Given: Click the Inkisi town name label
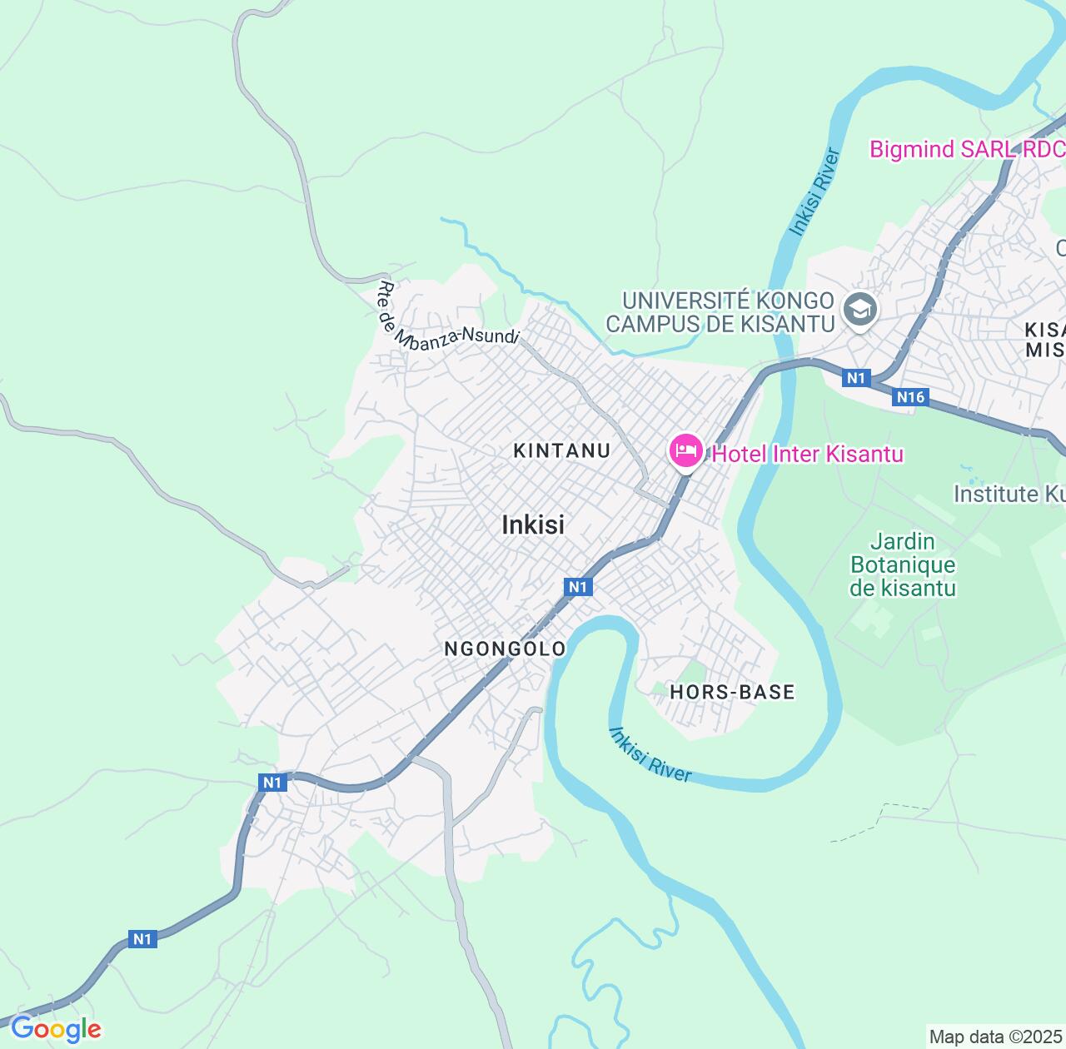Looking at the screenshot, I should tap(533, 524).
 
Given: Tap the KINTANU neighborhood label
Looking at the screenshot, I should tap(562, 450).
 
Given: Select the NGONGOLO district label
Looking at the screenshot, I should tap(505, 649).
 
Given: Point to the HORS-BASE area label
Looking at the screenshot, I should tap(732, 692).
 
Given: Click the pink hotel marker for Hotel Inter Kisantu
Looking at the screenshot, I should tap(685, 453).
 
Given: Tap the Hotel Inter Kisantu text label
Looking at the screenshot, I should tap(807, 454).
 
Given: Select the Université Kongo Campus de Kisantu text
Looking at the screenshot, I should tap(720, 312).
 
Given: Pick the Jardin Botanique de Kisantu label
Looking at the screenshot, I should tap(903, 565).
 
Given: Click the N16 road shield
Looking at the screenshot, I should tap(910, 397).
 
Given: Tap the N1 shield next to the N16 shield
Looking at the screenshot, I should tap(856, 379).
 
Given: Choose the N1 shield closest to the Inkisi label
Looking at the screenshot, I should tap(578, 587).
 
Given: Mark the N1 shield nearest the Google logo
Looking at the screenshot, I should tap(142, 939).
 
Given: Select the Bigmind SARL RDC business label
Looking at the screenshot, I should tap(966, 149).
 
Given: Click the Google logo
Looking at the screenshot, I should tap(55, 1029).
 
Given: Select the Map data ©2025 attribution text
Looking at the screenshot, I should tap(996, 1037).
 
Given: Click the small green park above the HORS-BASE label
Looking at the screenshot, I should tap(690, 671).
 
